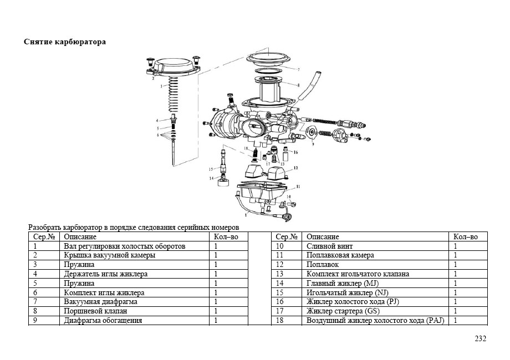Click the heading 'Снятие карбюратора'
pos(65,42)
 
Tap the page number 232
pos(480,338)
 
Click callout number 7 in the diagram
pos(298,70)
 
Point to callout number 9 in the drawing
pos(313,143)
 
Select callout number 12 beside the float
pos(296,167)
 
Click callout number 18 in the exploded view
pos(246,150)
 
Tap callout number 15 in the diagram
pos(211,168)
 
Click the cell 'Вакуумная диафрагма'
pos(100,302)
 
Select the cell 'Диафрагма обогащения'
pos(103,321)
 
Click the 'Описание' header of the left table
pos(80,236)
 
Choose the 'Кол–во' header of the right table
pos(465,236)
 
